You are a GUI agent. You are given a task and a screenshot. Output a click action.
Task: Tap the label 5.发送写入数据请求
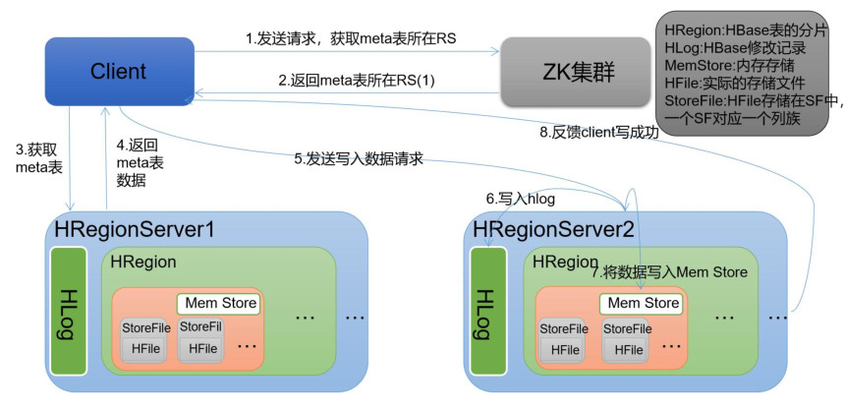(x=359, y=157)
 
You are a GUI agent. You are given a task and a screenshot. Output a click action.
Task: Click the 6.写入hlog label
(x=521, y=199)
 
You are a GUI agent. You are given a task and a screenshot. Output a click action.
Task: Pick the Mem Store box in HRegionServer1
(x=218, y=303)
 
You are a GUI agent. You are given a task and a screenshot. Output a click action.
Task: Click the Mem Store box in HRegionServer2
(x=643, y=303)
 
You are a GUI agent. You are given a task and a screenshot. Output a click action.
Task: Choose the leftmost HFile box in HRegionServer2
(x=565, y=349)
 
